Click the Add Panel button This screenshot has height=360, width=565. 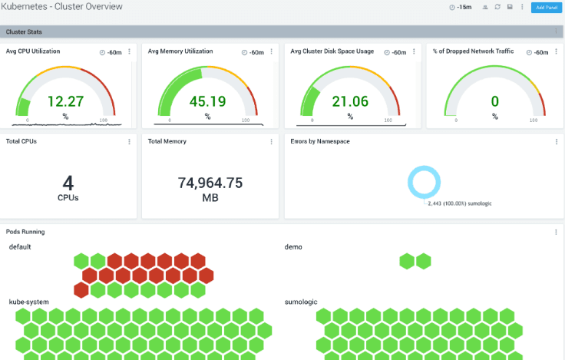[x=546, y=7]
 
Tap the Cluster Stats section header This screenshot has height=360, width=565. [x=24, y=31]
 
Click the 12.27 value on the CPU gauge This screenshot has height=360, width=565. [x=65, y=101]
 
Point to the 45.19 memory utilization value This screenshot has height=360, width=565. [x=207, y=101]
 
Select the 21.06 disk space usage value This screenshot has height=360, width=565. [x=350, y=101]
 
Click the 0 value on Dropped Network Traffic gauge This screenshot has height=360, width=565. [x=494, y=101]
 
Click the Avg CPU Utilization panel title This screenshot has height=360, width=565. [x=33, y=51]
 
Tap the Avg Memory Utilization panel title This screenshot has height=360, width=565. [x=180, y=51]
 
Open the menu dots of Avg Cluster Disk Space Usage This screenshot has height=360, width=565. [x=414, y=52]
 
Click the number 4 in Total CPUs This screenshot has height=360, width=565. [x=68, y=183]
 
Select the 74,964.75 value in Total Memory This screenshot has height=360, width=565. [x=210, y=183]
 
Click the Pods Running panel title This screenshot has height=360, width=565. [x=25, y=231]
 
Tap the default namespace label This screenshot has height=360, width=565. [x=20, y=247]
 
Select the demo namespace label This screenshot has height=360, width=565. [x=293, y=247]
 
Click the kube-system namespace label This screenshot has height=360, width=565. [x=28, y=302]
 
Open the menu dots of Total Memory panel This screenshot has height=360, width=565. [x=271, y=142]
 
